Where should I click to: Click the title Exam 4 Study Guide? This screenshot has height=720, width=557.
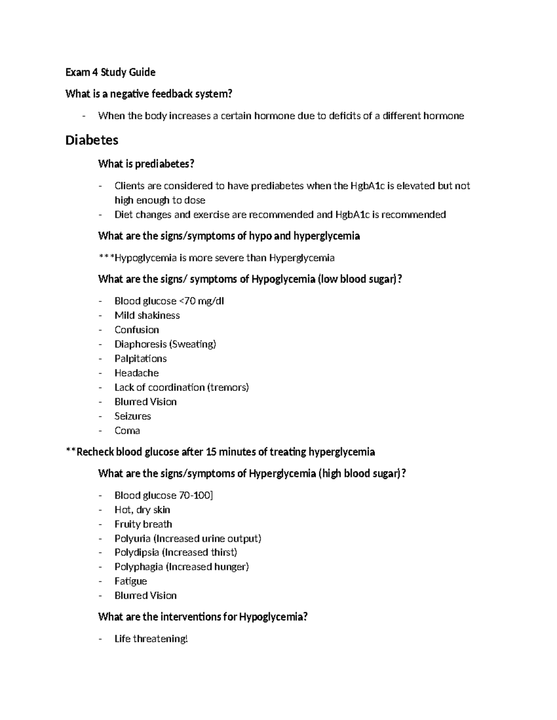(110, 72)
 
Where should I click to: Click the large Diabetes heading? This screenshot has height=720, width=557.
(92, 140)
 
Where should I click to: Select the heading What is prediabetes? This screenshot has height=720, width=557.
(146, 164)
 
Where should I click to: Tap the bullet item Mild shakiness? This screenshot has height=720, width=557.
(147, 315)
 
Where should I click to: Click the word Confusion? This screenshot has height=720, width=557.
(136, 330)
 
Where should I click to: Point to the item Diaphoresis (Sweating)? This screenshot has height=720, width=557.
(165, 344)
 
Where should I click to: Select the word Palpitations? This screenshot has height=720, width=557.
(140, 358)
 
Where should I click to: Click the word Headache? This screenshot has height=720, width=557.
(136, 373)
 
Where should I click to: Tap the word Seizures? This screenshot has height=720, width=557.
(132, 416)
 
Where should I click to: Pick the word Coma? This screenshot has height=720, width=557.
(127, 430)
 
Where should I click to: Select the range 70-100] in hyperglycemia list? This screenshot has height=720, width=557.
(195, 495)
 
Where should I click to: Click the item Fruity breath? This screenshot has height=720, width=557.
(143, 524)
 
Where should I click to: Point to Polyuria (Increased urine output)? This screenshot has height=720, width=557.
(188, 538)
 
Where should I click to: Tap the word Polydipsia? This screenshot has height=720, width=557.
(136, 552)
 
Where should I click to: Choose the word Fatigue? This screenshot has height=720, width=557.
(130, 581)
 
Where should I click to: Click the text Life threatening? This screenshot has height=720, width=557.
(151, 639)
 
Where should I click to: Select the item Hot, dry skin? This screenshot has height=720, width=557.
(142, 510)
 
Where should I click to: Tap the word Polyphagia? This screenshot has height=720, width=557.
(138, 567)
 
